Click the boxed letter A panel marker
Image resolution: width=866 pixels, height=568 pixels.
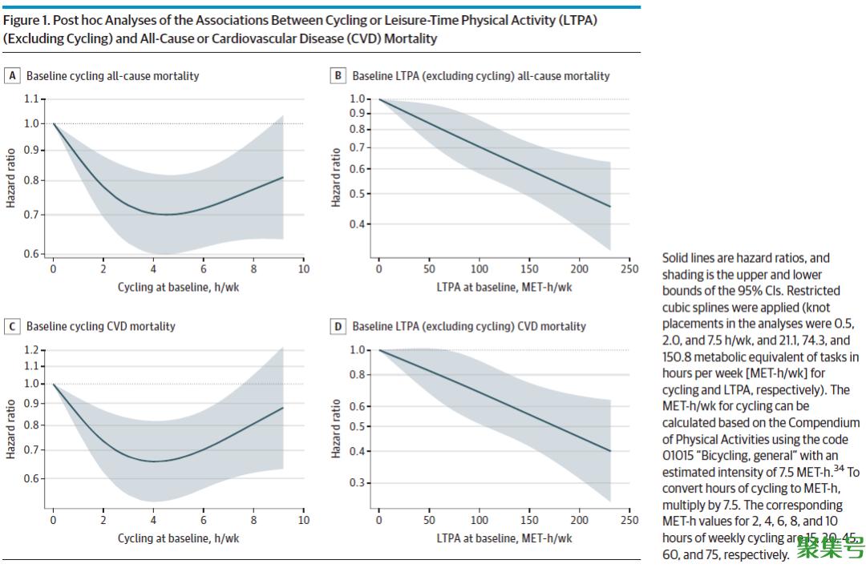12,76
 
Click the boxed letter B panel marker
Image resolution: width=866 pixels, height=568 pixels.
338,76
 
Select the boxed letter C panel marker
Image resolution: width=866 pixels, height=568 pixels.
12,327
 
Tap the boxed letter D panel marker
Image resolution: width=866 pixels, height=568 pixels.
338,327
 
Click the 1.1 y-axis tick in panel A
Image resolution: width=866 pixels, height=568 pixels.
31,99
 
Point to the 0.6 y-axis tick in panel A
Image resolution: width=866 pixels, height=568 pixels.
31,254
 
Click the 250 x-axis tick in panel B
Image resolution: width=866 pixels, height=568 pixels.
629,269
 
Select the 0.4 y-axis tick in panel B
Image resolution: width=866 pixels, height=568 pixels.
358,224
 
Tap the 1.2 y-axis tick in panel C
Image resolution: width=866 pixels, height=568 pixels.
31,350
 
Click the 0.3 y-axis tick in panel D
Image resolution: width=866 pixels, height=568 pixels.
358,482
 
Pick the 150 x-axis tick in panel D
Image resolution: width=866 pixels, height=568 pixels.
529,520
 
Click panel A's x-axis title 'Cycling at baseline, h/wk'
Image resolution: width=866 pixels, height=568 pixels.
178,288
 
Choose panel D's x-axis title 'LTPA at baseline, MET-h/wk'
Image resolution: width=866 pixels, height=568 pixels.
504,538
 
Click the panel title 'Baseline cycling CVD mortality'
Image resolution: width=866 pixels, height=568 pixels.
100,327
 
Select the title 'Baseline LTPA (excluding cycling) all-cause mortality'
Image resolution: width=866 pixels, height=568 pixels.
480,76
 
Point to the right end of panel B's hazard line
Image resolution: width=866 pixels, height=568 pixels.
610,207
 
